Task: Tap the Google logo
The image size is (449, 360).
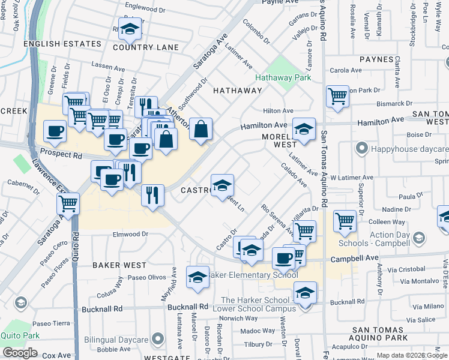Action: (20, 352)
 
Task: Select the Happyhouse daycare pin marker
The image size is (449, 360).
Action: (361, 148)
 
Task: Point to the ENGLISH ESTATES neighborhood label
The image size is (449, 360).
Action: (62, 44)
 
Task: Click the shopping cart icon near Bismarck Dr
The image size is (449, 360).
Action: (338, 95)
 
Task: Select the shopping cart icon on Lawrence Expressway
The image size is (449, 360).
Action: (68, 204)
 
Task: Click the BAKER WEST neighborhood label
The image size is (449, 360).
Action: (119, 265)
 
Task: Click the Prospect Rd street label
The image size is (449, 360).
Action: (61, 155)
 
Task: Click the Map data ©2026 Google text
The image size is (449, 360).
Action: (411, 355)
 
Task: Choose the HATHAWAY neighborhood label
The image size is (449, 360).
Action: (238, 91)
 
